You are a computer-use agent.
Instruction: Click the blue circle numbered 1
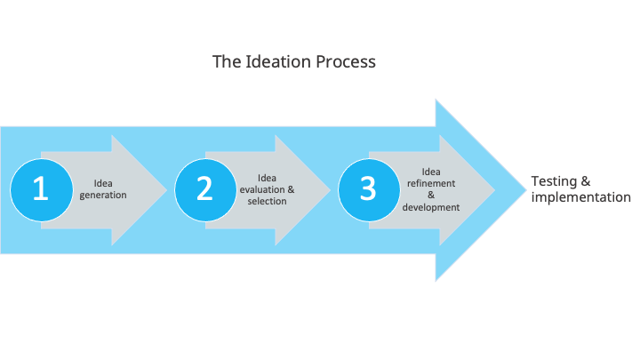(x=41, y=189)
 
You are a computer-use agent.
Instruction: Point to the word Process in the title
(x=340, y=62)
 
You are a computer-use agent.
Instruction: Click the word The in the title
(x=225, y=62)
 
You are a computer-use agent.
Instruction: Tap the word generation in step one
(x=103, y=196)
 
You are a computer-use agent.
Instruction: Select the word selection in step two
(x=267, y=201)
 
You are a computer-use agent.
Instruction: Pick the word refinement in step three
(x=431, y=184)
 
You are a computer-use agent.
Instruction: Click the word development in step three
(x=431, y=207)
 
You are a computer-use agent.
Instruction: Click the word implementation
(x=580, y=197)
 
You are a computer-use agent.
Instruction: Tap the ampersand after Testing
(x=586, y=181)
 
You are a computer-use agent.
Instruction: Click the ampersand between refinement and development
(x=431, y=196)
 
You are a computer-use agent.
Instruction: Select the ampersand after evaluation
(x=290, y=189)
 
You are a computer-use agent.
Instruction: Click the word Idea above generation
(x=103, y=184)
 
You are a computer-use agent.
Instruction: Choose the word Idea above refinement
(x=431, y=172)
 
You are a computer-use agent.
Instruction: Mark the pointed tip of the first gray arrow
(x=167, y=189)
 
